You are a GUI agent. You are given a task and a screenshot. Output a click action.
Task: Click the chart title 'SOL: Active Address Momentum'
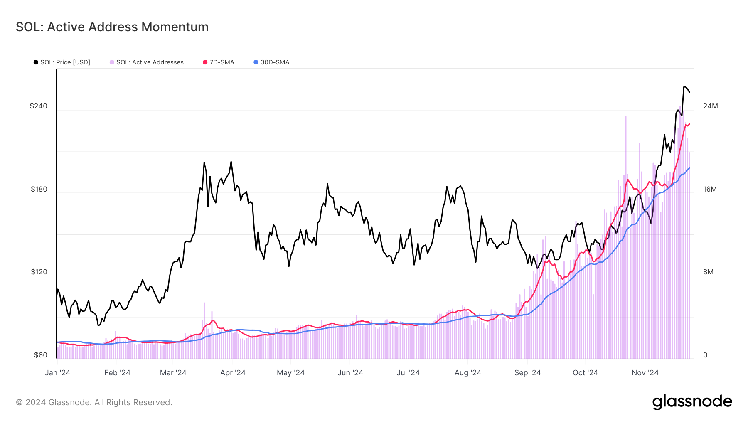[112, 27]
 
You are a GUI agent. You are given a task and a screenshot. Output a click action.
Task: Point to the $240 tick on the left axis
[39, 106]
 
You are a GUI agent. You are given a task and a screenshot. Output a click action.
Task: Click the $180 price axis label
[39, 189]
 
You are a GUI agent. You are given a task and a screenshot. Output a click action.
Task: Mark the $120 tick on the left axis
[39, 272]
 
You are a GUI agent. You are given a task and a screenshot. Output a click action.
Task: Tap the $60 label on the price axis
[41, 355]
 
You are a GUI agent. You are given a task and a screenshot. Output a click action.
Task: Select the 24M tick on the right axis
[710, 106]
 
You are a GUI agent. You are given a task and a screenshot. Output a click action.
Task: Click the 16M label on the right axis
[710, 189]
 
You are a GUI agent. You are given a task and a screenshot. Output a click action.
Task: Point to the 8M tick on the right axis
[708, 272]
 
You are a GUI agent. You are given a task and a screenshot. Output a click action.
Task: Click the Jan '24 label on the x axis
[58, 373]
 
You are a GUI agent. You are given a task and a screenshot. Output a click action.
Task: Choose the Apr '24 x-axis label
[233, 373]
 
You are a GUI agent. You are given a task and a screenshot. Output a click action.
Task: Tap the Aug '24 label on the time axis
[467, 373]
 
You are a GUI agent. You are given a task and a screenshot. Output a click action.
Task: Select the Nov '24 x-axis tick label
[645, 373]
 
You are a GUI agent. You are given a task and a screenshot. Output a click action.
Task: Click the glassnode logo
[692, 402]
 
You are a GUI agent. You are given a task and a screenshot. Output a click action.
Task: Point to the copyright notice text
[94, 402]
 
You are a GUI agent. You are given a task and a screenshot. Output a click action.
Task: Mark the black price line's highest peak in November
[684, 87]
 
